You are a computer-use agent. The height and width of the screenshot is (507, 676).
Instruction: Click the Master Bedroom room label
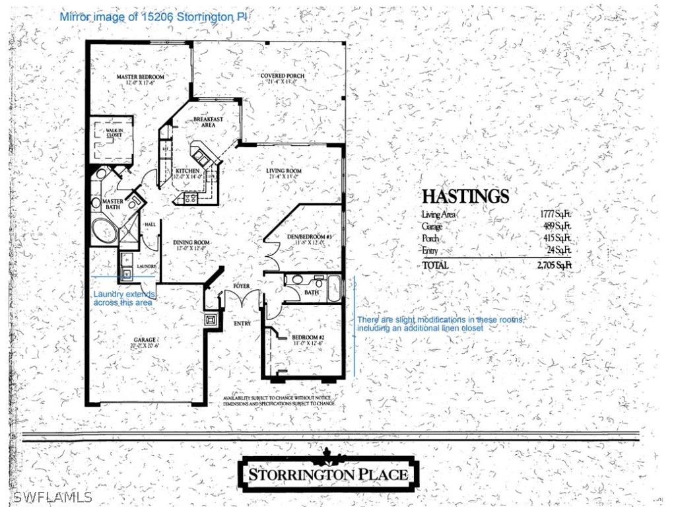coord(140,77)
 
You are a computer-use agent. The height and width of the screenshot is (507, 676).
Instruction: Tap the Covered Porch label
coord(283,76)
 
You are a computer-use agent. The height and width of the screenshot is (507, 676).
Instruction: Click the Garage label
coord(145,341)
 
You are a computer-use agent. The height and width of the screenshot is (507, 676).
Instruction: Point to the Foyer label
coord(242,285)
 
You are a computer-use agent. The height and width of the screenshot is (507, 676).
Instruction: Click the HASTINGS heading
coord(465,196)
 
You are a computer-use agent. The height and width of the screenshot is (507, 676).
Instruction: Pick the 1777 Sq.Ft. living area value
coord(555,215)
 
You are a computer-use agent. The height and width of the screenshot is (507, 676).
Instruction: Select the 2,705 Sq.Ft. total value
coord(554,265)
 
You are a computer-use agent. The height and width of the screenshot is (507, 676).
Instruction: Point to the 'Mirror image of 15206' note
coord(154,17)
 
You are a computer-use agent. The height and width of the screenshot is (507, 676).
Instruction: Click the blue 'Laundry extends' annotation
coord(125,298)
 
